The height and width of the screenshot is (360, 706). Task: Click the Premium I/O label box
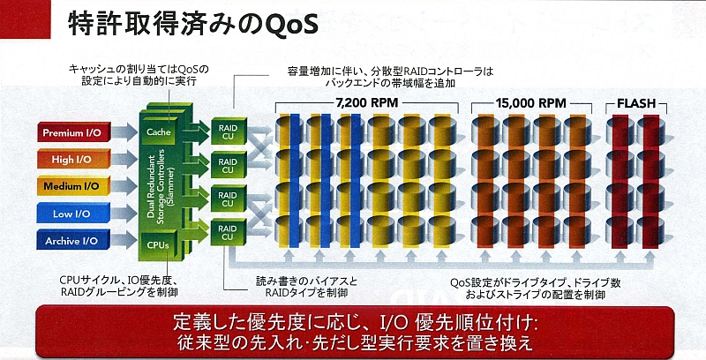[74, 132]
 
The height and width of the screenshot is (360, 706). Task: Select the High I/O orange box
[74, 160]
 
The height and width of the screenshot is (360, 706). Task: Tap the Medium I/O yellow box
[74, 186]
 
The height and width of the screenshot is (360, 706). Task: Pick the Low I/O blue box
[74, 214]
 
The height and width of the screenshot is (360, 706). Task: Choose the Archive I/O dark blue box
[74, 240]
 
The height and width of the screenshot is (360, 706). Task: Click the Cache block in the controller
[159, 131]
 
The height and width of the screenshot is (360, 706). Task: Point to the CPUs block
[158, 245]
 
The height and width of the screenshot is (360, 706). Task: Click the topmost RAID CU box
[229, 131]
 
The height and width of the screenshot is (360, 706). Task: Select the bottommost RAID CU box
[229, 232]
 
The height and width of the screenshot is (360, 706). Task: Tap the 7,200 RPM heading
[366, 103]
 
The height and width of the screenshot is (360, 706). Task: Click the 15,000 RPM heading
[531, 103]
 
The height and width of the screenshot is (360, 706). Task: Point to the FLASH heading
[636, 103]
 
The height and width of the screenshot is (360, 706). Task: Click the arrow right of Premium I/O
[124, 131]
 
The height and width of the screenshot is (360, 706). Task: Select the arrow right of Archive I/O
[124, 240]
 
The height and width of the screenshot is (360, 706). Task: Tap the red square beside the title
[26, 19]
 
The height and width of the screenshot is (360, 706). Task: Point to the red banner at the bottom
[354, 332]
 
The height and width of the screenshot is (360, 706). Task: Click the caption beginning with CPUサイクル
[119, 286]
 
